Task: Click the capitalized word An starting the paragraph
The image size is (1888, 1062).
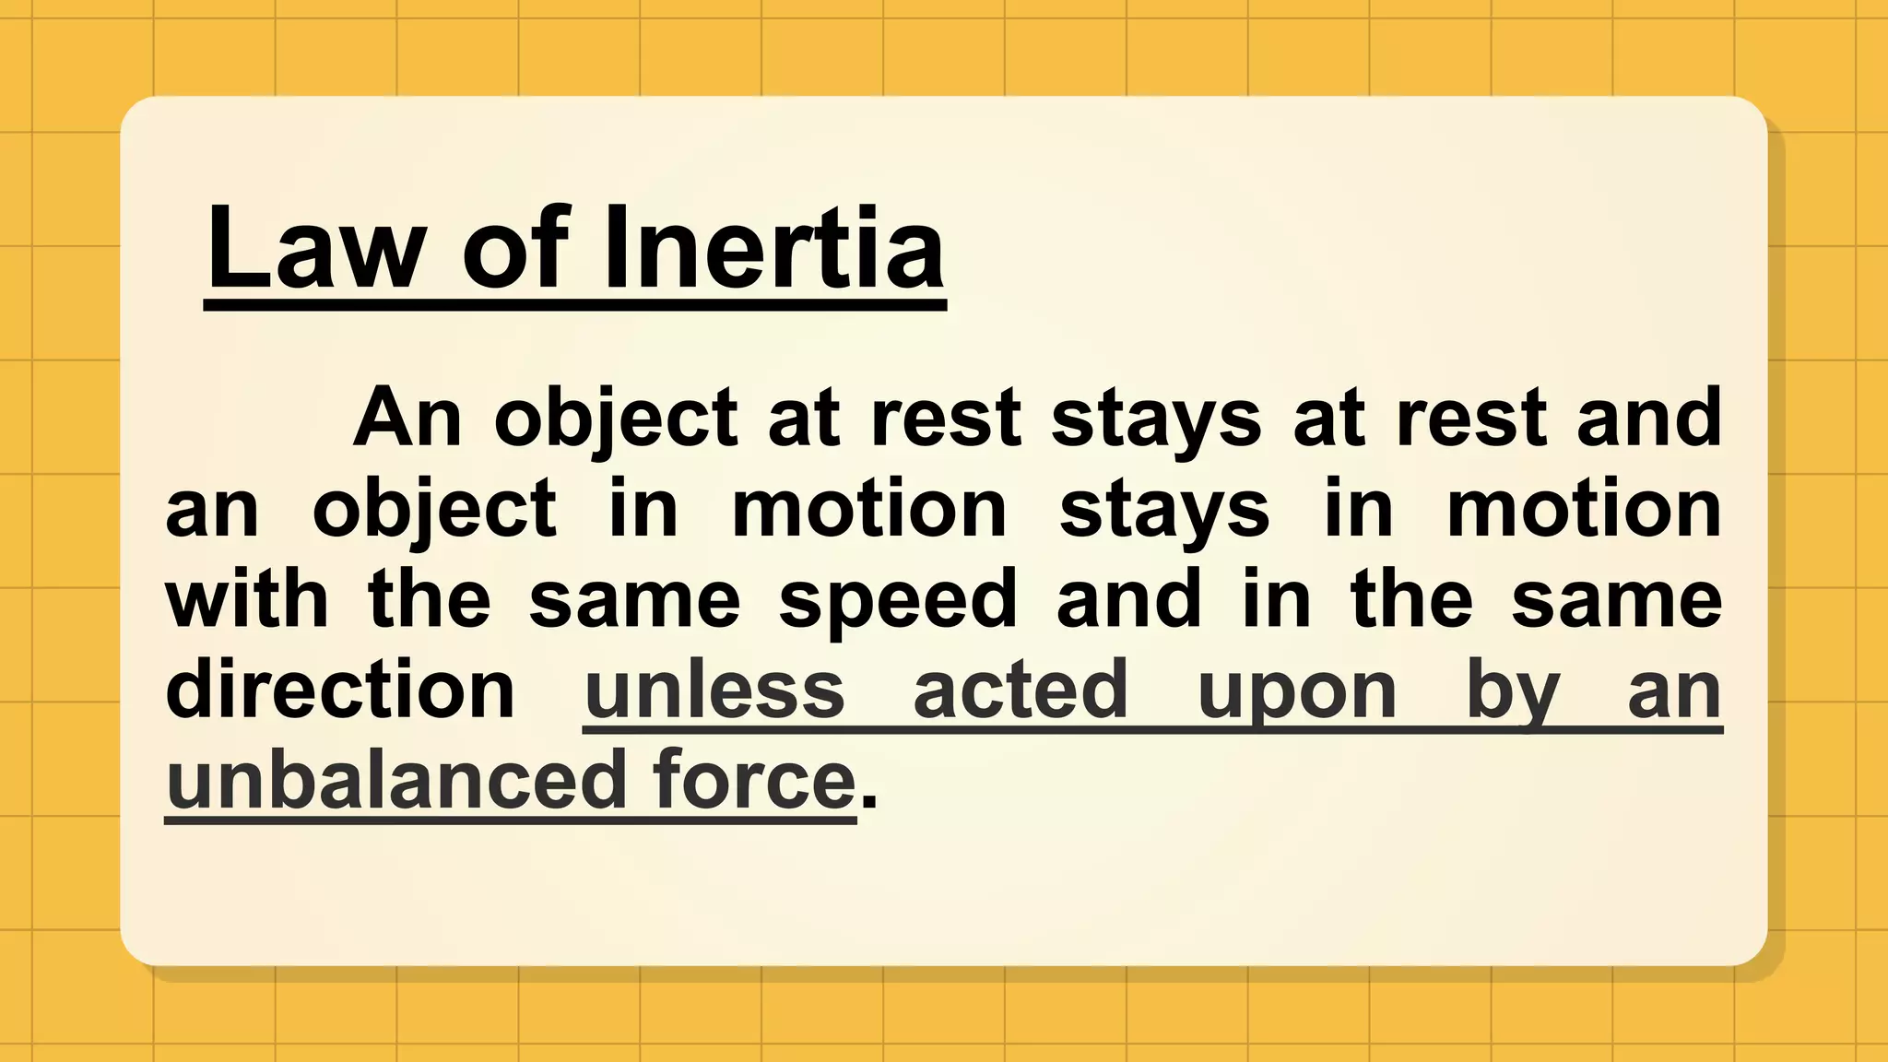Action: [x=407, y=418]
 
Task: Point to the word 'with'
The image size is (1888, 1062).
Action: [x=247, y=599]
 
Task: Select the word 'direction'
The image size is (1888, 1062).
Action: [x=339, y=690]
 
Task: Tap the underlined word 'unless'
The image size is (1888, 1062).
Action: [x=714, y=690]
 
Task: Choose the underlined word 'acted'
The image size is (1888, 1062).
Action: [x=1021, y=690]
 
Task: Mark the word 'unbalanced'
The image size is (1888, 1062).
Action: [x=396, y=780]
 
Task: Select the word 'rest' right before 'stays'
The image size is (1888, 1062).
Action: [x=945, y=418]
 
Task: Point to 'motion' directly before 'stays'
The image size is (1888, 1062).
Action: [x=869, y=509]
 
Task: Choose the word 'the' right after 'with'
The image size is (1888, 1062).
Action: [x=430, y=599]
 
